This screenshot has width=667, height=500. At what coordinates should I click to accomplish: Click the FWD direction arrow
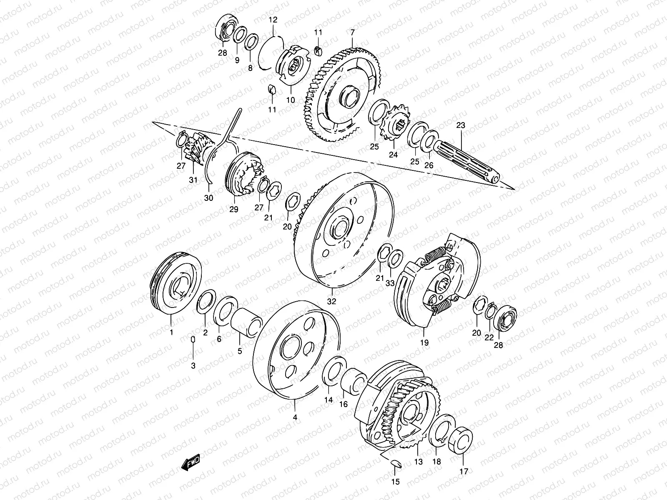point(191,462)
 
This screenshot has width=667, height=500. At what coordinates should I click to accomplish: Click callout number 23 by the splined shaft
point(460,125)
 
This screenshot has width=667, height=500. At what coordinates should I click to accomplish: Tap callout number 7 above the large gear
point(352,32)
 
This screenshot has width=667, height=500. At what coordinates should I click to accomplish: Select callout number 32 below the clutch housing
point(331,301)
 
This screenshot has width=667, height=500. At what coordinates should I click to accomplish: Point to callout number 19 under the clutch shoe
point(424,343)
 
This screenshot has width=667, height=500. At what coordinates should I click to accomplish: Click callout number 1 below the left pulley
point(171,332)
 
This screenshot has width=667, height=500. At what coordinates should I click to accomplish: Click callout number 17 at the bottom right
point(464,472)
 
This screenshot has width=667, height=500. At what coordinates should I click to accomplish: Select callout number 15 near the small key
point(396,482)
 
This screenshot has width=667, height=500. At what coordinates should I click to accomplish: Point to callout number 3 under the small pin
point(193,365)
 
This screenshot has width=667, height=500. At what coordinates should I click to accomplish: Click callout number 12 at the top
point(273,20)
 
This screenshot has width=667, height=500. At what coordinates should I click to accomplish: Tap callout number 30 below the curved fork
point(208,198)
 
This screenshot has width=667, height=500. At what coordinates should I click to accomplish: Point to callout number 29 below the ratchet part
point(233,209)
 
